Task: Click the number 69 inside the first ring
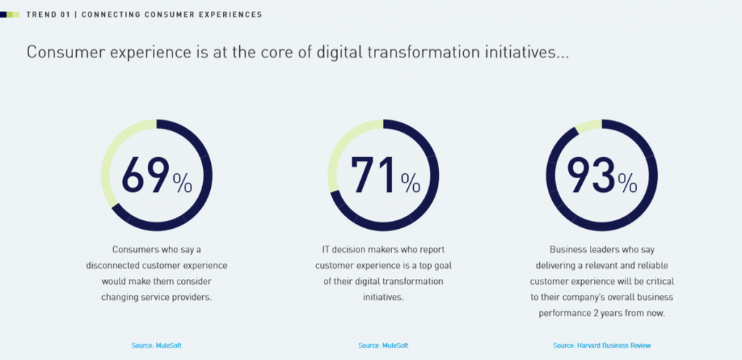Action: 145,175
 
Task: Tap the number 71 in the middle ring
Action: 373,175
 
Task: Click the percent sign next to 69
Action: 183,184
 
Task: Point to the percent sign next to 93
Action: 628,184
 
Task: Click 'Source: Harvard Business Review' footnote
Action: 601,346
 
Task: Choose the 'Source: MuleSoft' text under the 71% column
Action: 383,346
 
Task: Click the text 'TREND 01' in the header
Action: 48,14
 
